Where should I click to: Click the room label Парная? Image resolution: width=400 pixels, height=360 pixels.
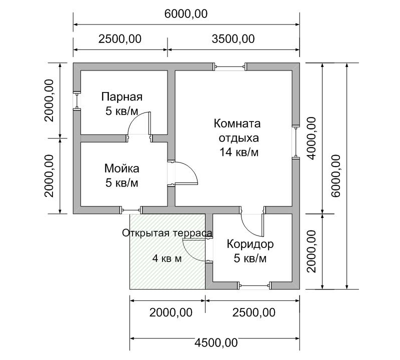pos(121,97)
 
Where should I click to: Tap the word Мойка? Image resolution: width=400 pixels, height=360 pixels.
pos(121,168)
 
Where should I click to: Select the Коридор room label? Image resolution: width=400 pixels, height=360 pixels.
pos(250,244)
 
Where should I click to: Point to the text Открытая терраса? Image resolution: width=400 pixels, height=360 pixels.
pos(167,233)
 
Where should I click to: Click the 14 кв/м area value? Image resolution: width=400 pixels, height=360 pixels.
pos(239,152)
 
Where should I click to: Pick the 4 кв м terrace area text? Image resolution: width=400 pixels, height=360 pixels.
pos(167,258)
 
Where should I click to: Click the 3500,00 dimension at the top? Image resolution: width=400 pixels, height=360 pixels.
pos(233,39)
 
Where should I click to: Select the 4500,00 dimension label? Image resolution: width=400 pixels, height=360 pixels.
pos(216,342)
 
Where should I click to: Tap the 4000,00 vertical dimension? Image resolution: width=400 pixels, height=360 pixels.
pos(311,138)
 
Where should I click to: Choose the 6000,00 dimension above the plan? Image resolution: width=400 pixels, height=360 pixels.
pos(185,14)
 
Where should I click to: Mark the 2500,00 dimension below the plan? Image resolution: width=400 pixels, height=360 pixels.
pos(253,312)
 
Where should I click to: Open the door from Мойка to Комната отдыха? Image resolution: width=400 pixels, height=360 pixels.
pos(182,173)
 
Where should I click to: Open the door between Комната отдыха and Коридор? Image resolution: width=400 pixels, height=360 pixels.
pos(252,221)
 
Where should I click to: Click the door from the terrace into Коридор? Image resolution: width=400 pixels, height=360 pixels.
pos(197,250)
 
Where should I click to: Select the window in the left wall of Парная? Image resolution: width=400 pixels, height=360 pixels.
pos(77,101)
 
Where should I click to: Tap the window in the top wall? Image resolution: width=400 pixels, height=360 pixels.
pos(230,67)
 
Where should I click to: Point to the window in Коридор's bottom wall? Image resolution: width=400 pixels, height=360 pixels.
pos(254,285)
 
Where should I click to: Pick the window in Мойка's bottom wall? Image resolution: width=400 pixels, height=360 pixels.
pos(131,210)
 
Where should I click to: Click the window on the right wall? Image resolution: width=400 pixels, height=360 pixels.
pos(296,142)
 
